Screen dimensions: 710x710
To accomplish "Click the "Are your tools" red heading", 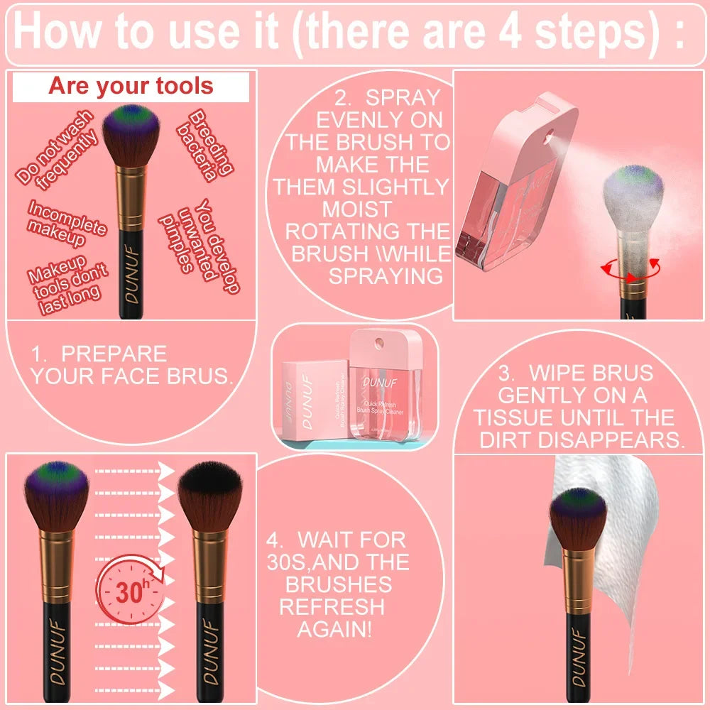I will tap(131, 87).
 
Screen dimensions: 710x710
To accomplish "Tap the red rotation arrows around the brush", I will tap(630, 271).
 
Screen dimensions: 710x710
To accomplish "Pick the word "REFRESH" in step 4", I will tap(332, 606).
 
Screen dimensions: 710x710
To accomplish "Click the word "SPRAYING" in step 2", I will tap(385, 276).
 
